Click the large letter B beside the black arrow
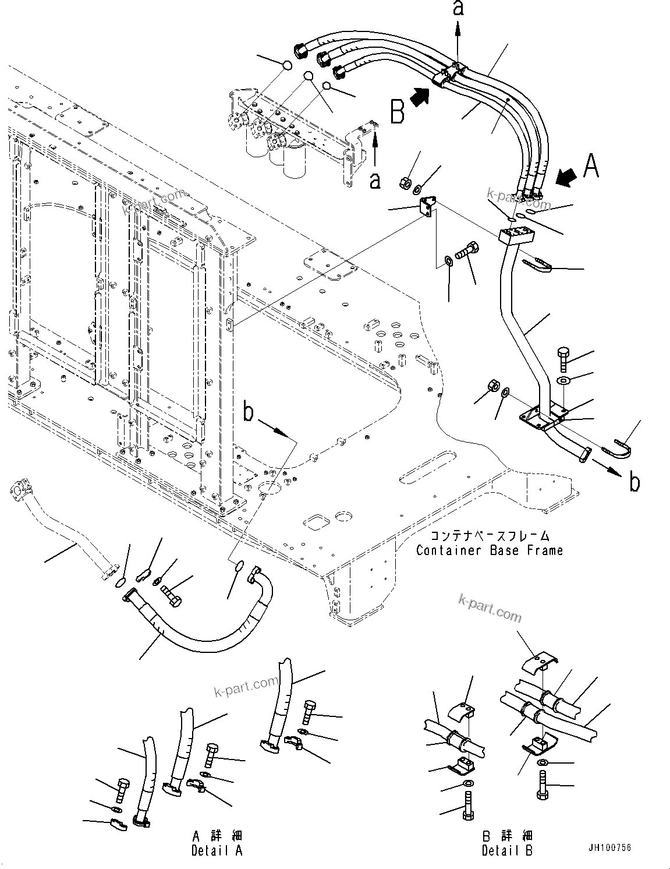[397, 111]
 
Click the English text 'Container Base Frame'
[489, 550]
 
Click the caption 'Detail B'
[507, 851]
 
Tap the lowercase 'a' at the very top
[458, 9]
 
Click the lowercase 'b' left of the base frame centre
[249, 413]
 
